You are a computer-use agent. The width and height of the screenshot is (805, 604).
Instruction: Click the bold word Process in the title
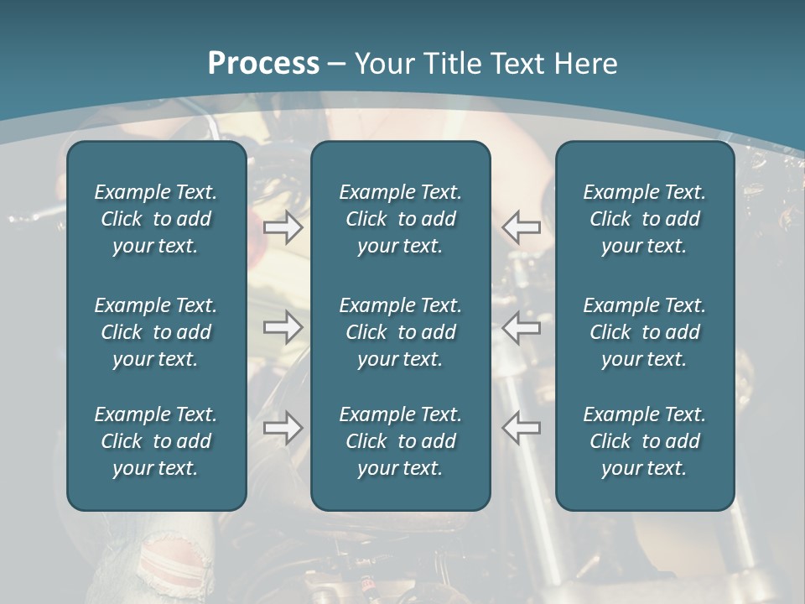point(263,64)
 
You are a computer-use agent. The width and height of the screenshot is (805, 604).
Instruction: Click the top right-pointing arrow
point(283,227)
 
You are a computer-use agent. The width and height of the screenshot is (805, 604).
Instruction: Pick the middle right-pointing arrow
point(283,327)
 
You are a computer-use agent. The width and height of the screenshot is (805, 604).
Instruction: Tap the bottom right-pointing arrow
point(283,428)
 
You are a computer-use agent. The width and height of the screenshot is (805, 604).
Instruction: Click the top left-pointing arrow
point(521,227)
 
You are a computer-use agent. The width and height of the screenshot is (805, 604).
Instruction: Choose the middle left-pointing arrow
point(521,327)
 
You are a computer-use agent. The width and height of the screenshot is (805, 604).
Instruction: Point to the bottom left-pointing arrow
point(521,428)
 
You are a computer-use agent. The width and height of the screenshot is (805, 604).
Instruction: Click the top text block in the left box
point(156,219)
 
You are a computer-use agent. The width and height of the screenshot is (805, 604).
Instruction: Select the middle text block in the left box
point(156,332)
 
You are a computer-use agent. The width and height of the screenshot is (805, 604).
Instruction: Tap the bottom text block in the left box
point(156,441)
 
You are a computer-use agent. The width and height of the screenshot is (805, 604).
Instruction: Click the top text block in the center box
point(400,219)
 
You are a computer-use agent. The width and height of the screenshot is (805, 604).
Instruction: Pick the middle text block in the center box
point(400,332)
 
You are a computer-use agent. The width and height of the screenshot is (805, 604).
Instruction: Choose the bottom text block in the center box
point(400,441)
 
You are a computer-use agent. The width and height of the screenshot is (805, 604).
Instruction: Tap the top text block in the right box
point(644,219)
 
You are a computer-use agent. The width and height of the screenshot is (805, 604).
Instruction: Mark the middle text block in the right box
point(644,332)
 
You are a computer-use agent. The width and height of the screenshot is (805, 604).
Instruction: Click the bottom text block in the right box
point(644,441)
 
